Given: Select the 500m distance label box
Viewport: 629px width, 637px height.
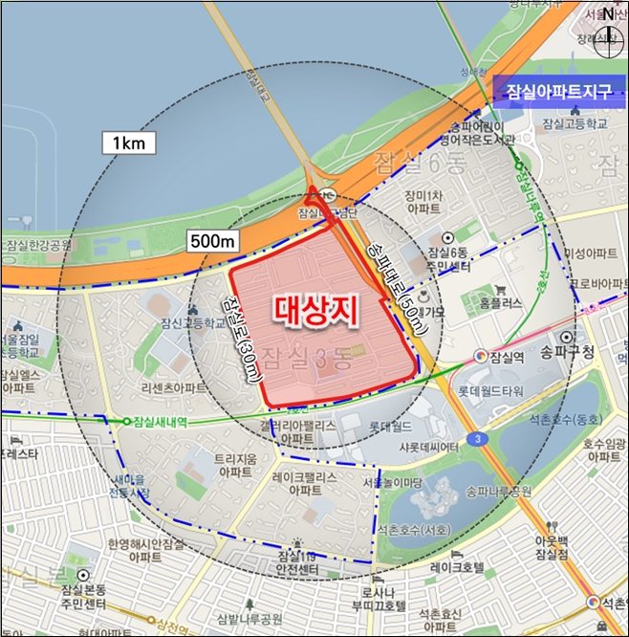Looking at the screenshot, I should [212, 242].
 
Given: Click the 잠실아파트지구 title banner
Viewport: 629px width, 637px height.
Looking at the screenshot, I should [555, 92].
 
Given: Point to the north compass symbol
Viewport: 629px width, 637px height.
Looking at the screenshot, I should [609, 27].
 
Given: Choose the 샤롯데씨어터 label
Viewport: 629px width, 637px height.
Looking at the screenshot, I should [430, 445].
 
